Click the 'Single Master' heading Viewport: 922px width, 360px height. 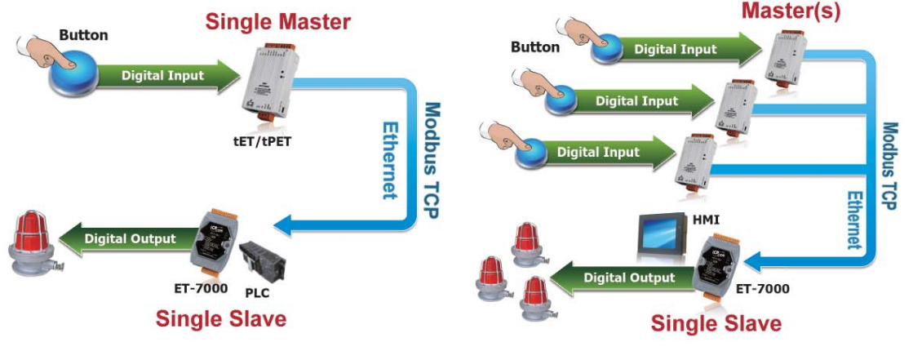(277, 20)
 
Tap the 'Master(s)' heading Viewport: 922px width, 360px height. (779, 11)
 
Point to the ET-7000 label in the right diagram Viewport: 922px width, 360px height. (762, 287)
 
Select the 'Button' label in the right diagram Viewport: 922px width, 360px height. (534, 47)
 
